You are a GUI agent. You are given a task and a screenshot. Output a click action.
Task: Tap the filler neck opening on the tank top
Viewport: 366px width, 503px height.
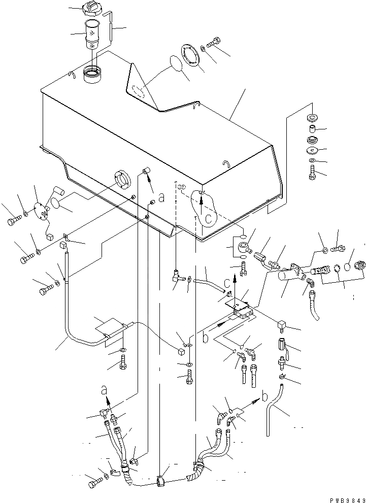93,75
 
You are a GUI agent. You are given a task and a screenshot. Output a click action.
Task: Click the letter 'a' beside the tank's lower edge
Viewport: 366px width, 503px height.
161,199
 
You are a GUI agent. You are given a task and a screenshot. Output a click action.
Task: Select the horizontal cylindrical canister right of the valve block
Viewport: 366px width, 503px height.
291,278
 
